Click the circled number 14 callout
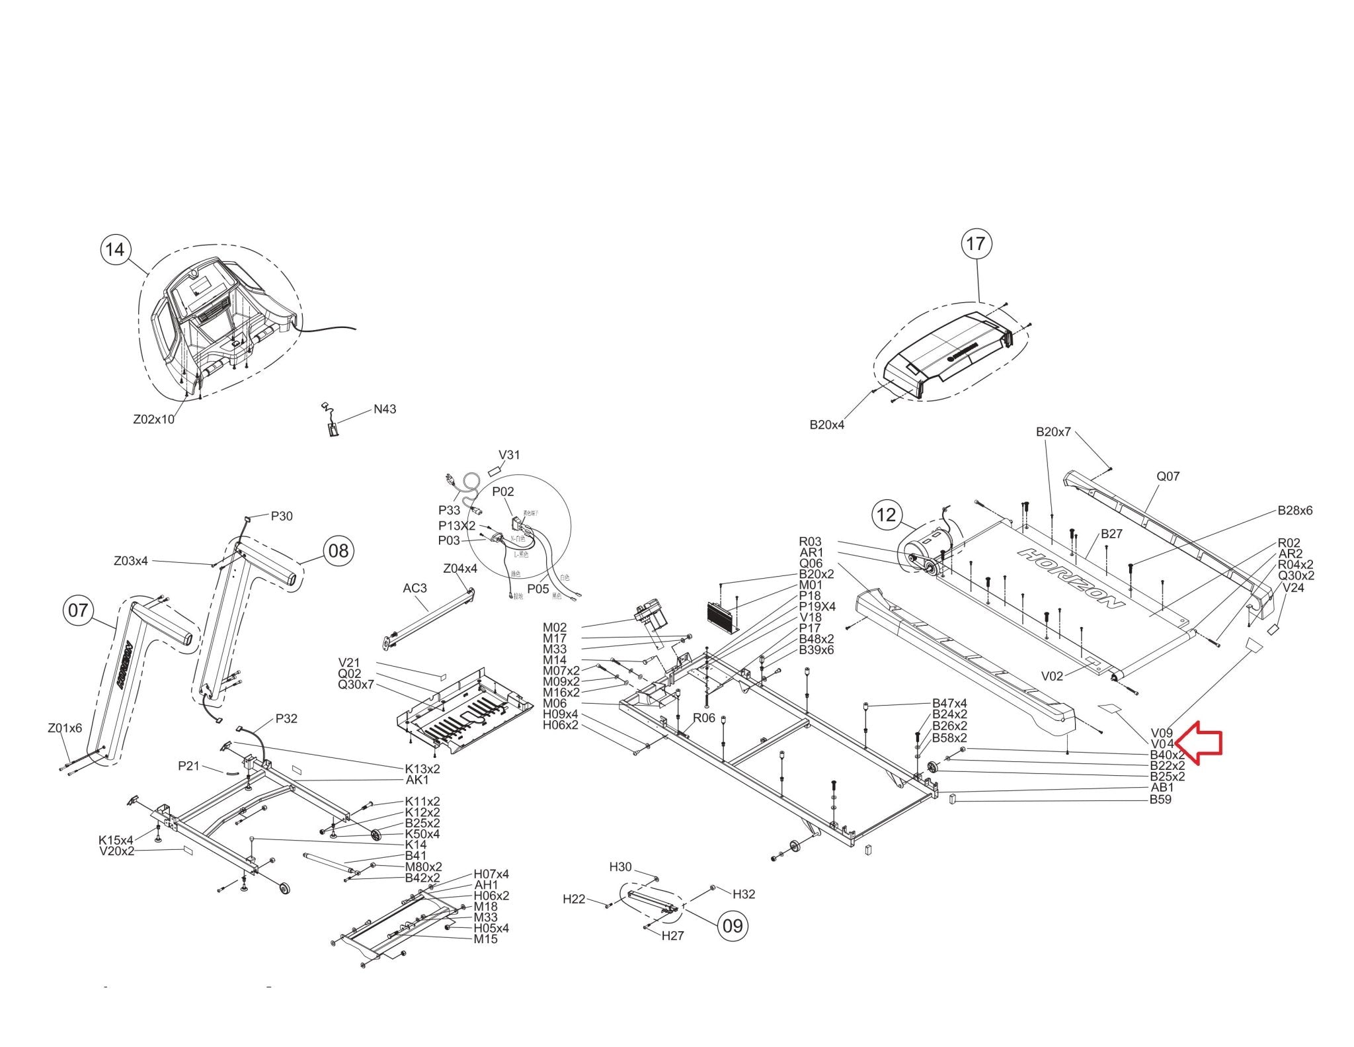pos(114,249)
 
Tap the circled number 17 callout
pos(976,244)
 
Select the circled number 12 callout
pos(887,514)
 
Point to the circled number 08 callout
pos(338,550)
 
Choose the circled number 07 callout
pos(78,610)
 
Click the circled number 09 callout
pos(733,925)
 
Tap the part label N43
pos(385,409)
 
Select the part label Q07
pos(1168,476)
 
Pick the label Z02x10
pos(154,419)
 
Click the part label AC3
pos(415,588)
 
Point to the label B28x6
pos(1294,511)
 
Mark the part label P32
pos(286,719)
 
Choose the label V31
pos(509,455)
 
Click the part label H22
pos(574,899)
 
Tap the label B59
pos(1160,799)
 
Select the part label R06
pos(704,718)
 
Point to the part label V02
pos(1052,676)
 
